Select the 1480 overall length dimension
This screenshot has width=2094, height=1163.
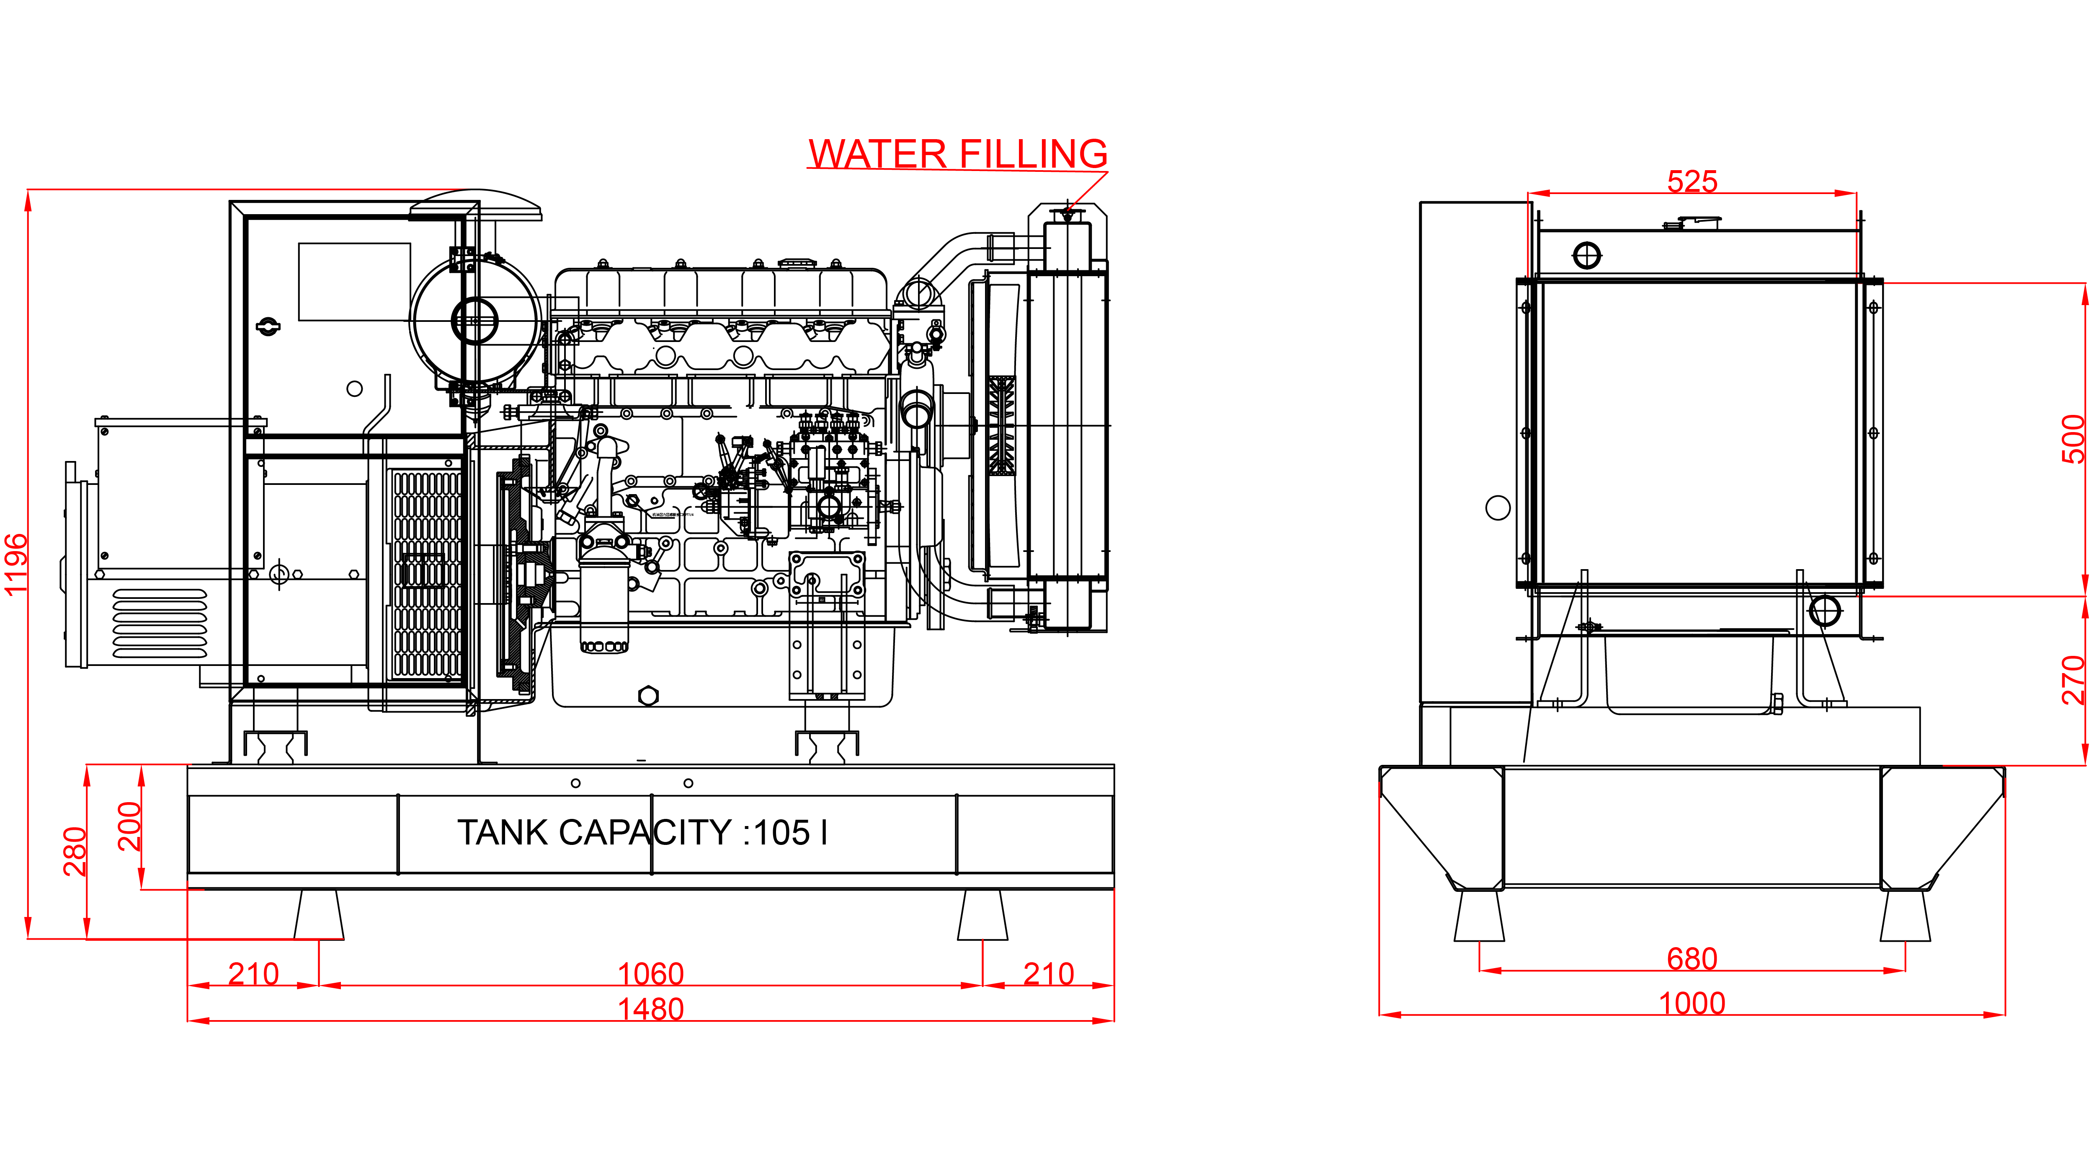click(650, 1009)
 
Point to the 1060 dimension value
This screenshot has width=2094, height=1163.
click(650, 974)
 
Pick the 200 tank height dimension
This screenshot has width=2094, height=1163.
click(130, 826)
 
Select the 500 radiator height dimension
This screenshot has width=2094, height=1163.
click(2073, 439)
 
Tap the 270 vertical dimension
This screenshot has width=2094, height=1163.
click(2073, 679)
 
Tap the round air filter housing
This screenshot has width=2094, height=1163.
click(475, 321)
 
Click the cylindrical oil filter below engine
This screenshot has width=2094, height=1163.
click(603, 598)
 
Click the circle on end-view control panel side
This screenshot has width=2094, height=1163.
click(1497, 508)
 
